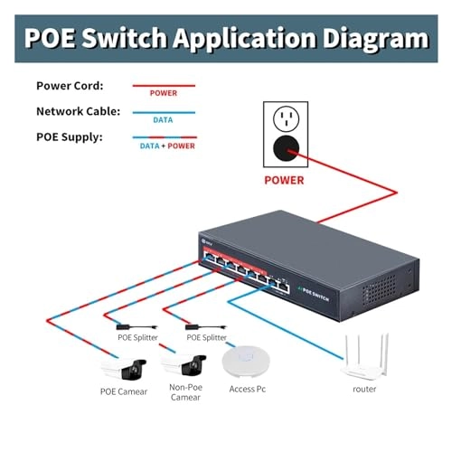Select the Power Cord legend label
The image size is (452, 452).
pos(70,86)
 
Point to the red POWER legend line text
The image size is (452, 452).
pos(163,93)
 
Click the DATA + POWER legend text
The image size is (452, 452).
pos(167,145)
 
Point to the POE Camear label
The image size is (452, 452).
pos(126,391)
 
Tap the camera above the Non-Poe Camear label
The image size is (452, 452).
pos(185,364)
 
